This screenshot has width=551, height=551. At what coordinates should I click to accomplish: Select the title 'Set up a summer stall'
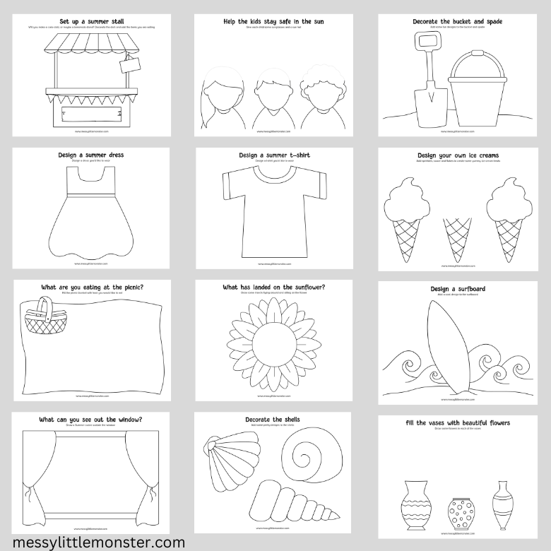click(x=91, y=21)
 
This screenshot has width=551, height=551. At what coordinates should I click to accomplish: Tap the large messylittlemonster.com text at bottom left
click(x=94, y=542)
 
